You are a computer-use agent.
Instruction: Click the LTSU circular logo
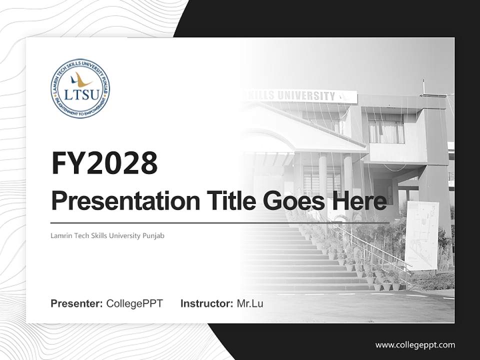point(80,89)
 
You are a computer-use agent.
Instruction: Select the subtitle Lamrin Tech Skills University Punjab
point(107,235)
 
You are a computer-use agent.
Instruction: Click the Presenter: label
point(77,303)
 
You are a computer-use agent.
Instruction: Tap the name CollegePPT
point(134,303)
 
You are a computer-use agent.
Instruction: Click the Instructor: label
point(206,303)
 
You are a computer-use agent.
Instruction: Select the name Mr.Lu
point(250,303)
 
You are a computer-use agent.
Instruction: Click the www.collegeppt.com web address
point(415,344)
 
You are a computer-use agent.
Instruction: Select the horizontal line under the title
point(220,223)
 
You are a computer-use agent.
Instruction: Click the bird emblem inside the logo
point(80,79)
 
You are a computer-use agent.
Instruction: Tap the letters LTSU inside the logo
point(80,93)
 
